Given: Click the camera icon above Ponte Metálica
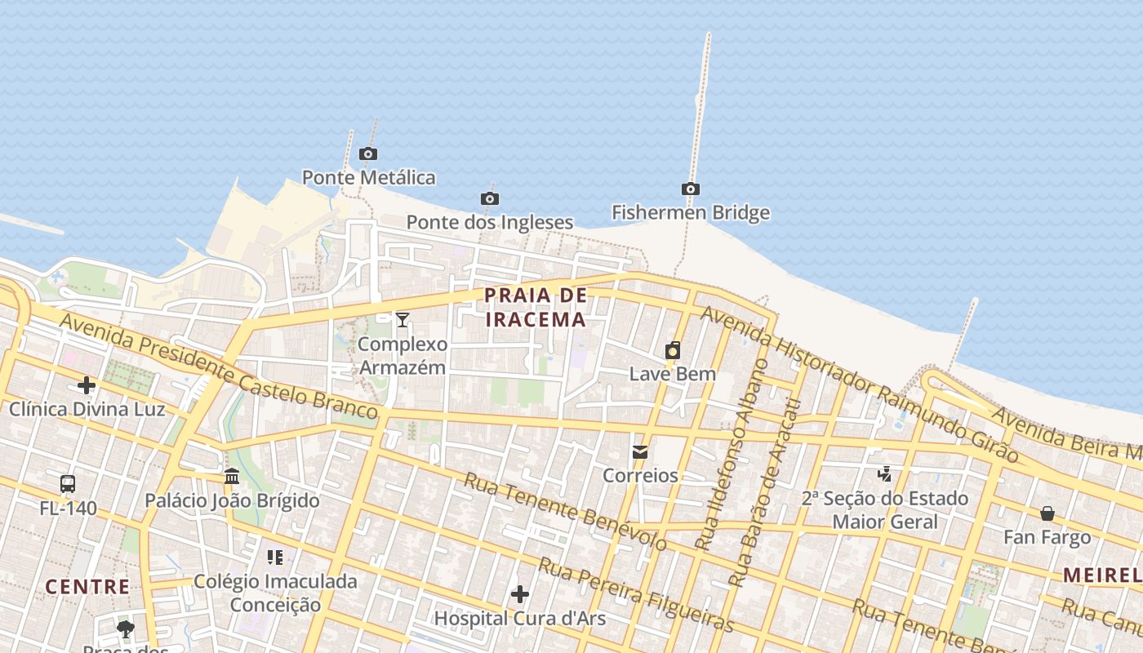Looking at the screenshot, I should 368,153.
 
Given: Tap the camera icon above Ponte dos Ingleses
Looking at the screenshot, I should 489,198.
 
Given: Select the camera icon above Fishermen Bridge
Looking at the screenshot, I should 691,189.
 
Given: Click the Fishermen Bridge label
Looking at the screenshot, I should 691,213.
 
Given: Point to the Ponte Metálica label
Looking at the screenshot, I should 368,177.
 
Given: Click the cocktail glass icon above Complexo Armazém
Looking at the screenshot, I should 402,319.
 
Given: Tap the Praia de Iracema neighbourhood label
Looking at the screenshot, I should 536,307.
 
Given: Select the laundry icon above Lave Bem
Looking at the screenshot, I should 673,350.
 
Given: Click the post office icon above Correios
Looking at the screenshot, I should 640,451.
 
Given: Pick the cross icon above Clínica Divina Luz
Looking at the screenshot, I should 87,385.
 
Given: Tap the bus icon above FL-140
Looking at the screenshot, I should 68,483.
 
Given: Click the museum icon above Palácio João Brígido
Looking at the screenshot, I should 232,476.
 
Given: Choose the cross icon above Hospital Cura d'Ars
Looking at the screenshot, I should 519,594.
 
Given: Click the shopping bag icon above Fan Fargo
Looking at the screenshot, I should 1047,513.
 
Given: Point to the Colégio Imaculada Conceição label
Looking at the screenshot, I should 275,593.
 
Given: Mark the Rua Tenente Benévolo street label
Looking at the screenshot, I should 565,511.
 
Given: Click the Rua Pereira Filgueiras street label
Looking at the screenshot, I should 637,594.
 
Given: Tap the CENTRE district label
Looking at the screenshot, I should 87,586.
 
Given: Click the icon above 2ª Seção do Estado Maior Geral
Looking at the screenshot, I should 884,473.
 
